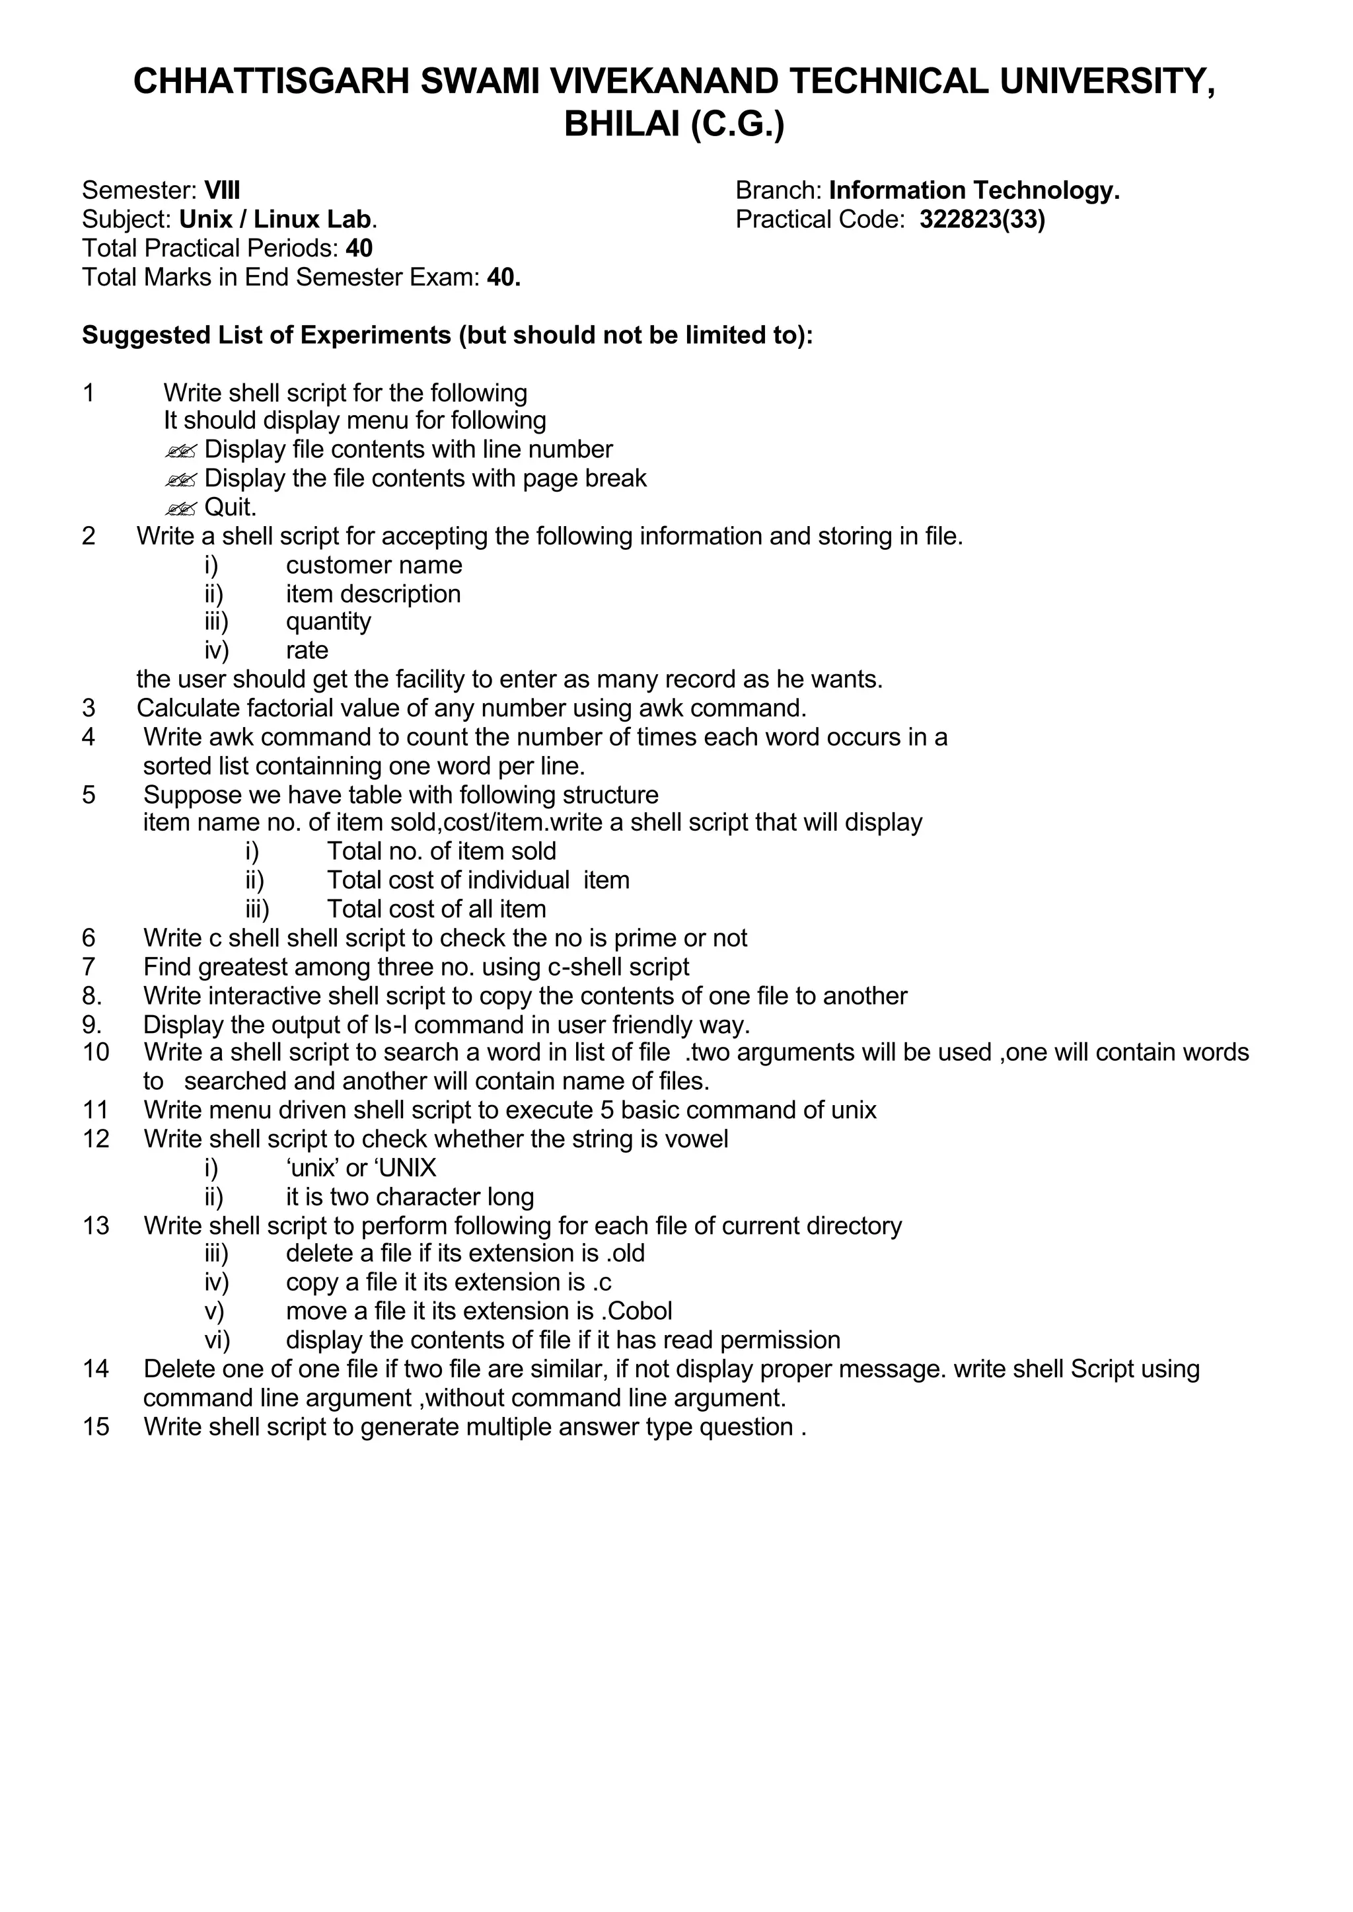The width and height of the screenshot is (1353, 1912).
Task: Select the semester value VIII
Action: pyautogui.click(x=223, y=191)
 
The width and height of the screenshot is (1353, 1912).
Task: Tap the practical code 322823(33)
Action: pyautogui.click(x=982, y=219)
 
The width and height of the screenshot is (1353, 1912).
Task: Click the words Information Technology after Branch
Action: pyautogui.click(x=973, y=191)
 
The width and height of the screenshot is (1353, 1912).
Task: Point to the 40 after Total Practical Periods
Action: pyautogui.click(x=359, y=249)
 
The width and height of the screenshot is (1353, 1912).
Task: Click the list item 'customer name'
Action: pyautogui.click(x=373, y=565)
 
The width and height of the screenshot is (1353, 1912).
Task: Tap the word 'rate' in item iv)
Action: pyautogui.click(x=307, y=650)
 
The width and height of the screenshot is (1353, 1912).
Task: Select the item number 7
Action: pyautogui.click(x=89, y=967)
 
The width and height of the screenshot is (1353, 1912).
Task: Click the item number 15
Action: pyautogui.click(x=95, y=1427)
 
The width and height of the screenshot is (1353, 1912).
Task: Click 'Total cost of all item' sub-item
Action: pyautogui.click(x=436, y=909)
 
